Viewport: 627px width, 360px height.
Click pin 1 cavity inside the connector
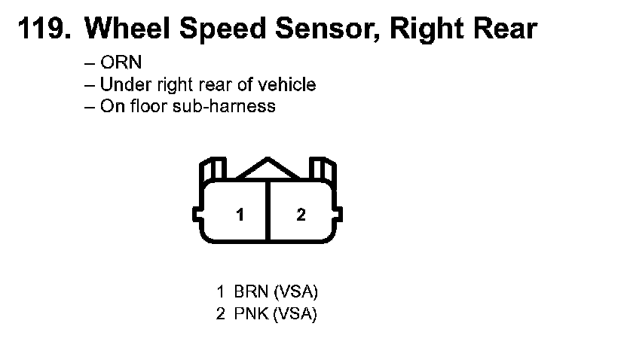click(x=240, y=215)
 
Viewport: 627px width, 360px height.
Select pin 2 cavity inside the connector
click(x=301, y=215)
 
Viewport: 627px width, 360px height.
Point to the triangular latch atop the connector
click(x=268, y=169)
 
